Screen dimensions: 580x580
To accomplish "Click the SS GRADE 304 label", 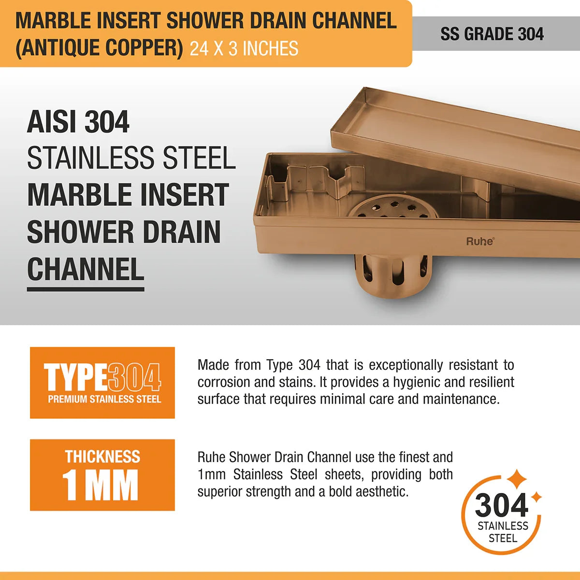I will point(492,34).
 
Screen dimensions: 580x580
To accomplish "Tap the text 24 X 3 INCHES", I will point(244,49).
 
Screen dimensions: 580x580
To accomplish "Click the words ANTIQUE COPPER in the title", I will point(99,48).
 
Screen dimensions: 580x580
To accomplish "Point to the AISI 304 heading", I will point(78,122).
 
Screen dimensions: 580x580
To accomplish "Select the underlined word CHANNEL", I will point(86,270).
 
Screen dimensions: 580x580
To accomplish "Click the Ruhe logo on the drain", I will point(479,241).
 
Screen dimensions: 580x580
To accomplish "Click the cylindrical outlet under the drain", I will point(392,273).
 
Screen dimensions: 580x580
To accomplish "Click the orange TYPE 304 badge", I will point(102,382).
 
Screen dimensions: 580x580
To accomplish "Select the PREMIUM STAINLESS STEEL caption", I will point(104,399).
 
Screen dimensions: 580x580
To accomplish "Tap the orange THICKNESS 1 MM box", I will point(102,475).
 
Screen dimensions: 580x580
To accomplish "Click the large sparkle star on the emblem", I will point(516,479).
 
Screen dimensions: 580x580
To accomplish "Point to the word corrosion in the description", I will point(224,382).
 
